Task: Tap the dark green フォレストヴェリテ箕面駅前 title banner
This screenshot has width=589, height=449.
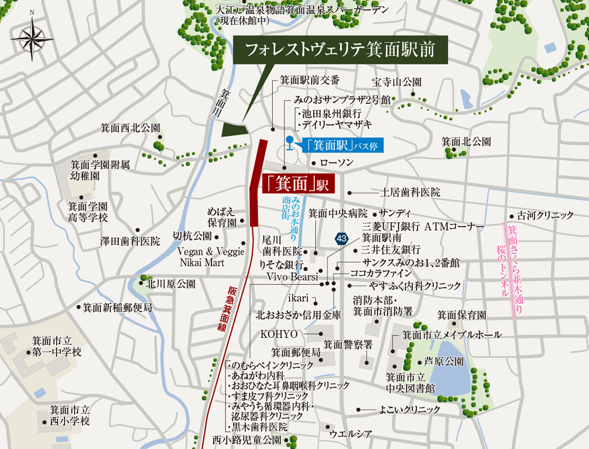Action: click(341, 49)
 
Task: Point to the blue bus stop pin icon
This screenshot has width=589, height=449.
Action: click(289, 143)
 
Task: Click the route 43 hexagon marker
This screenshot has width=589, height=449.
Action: click(342, 239)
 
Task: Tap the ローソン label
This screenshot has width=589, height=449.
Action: click(337, 163)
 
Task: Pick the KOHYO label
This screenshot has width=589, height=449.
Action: click(278, 334)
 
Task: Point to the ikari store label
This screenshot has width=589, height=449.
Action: click(299, 297)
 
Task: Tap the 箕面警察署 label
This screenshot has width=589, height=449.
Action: click(348, 345)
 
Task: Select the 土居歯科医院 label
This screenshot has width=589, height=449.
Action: click(411, 192)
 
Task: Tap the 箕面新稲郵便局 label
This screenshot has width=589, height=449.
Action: click(117, 308)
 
